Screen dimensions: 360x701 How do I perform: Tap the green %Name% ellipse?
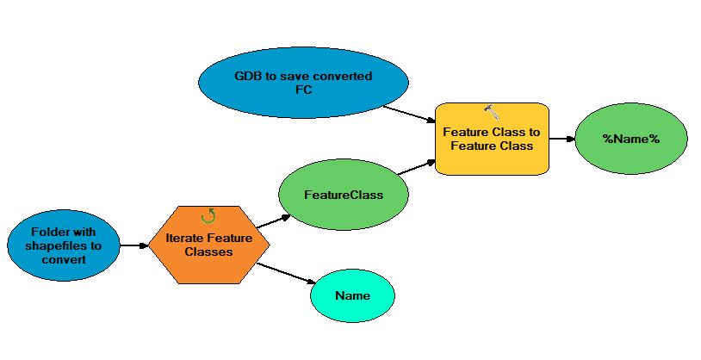pyautogui.click(x=630, y=139)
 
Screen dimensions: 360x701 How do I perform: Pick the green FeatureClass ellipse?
pyautogui.click(x=344, y=195)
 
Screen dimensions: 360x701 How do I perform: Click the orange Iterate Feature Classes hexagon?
pyautogui.click(x=208, y=245)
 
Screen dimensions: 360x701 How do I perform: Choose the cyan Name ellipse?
pyautogui.click(x=352, y=295)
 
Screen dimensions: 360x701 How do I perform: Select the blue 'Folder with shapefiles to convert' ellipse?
pyautogui.click(x=63, y=245)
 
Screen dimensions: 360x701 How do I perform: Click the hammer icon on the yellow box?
pyautogui.click(x=492, y=111)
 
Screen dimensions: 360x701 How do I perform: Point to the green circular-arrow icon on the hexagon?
pyautogui.click(x=208, y=216)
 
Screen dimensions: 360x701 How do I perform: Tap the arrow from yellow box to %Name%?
pyautogui.click(x=561, y=138)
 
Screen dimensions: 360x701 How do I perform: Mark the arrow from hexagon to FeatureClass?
pyautogui.click(x=274, y=220)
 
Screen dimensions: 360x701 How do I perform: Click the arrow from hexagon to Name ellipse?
pyautogui.click(x=285, y=272)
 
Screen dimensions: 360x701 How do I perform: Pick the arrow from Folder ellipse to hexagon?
pyautogui.click(x=133, y=245)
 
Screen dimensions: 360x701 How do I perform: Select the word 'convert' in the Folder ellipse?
pyautogui.click(x=63, y=258)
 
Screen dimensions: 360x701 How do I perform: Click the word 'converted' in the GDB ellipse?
pyautogui.click(x=344, y=76)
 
